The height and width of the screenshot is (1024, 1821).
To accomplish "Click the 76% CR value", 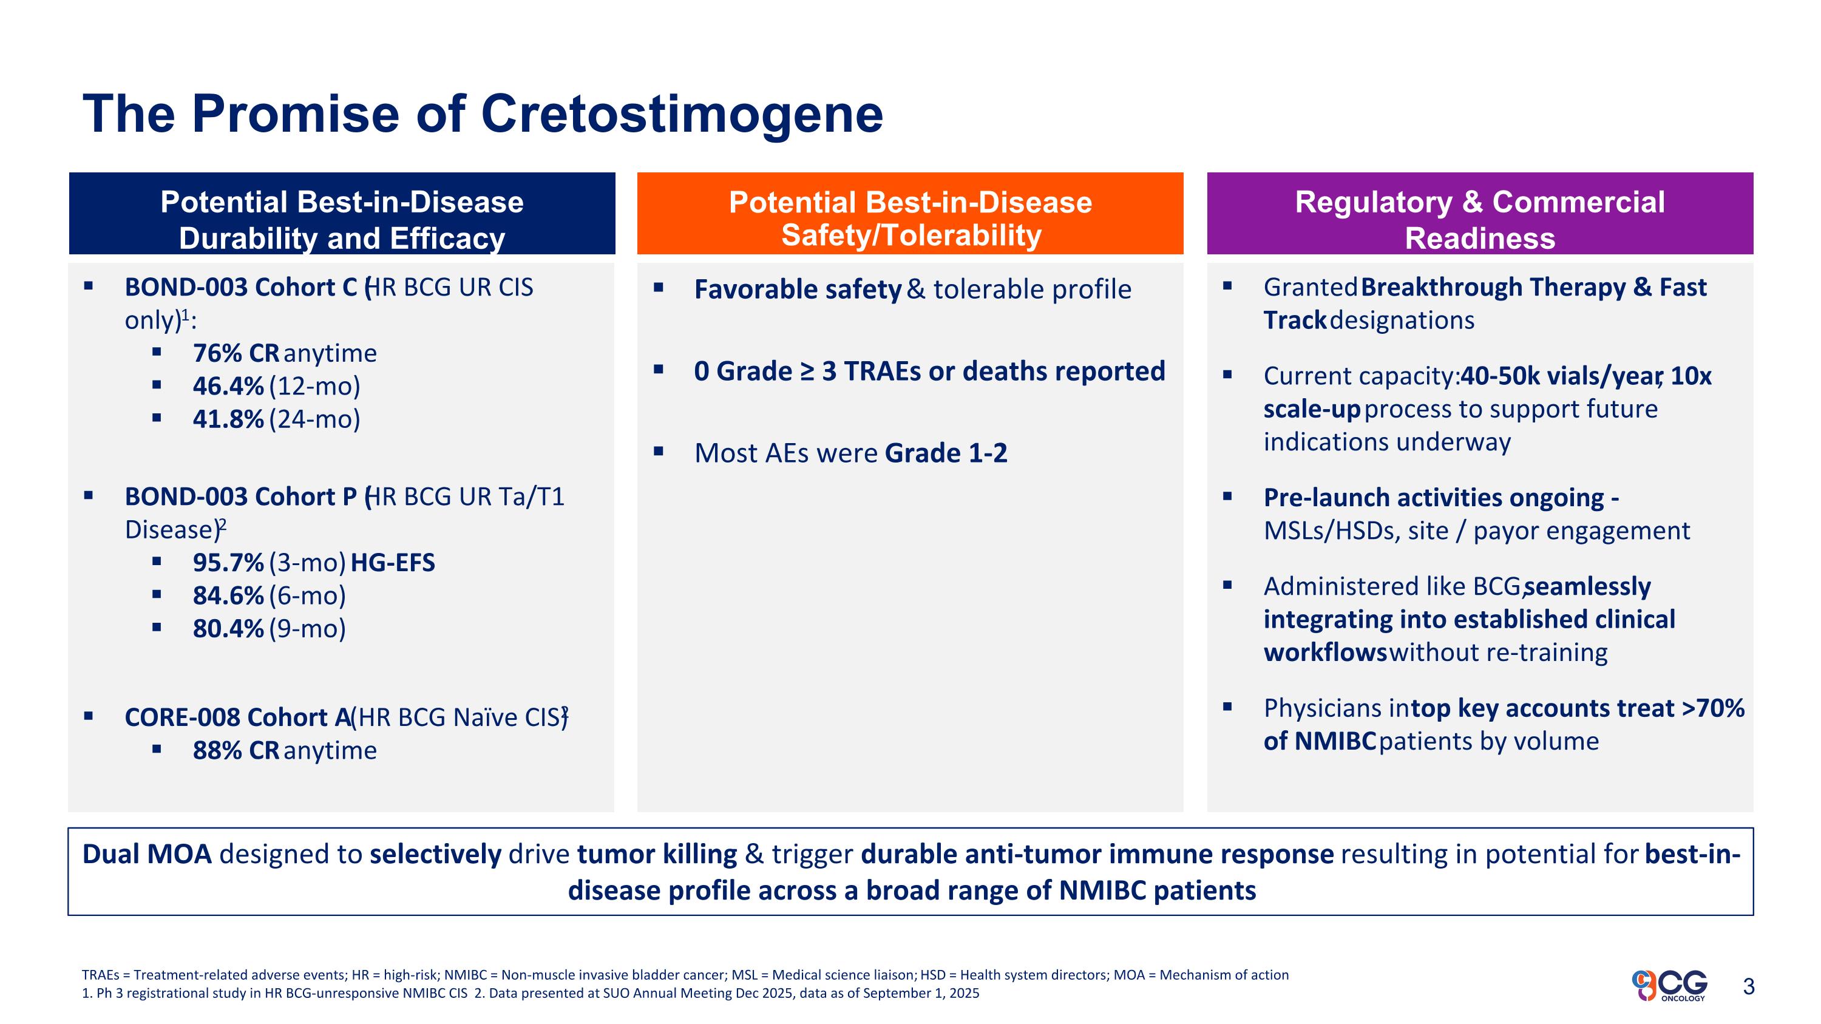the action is [x=236, y=353].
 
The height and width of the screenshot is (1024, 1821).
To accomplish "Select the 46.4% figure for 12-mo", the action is [x=228, y=386].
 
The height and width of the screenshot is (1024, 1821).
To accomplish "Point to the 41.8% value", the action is [x=228, y=419].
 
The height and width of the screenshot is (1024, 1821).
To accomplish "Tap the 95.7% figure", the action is [x=228, y=563].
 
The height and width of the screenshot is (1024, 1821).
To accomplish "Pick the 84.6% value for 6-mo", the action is [x=228, y=595].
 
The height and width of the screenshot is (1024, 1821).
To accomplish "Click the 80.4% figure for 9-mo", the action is [x=228, y=628].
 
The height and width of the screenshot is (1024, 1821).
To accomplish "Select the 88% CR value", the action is [x=236, y=750].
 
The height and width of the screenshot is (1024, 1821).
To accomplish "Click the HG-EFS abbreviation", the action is [x=393, y=563].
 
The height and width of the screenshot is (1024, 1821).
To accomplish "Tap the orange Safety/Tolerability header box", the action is [x=910, y=214].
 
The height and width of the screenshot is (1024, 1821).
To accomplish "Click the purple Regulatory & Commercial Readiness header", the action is [x=1480, y=214].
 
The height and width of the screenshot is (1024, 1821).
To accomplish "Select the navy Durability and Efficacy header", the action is [x=342, y=214].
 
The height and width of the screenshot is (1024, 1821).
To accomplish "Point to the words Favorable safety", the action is [x=798, y=290].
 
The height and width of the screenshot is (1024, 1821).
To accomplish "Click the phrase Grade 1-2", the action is [x=946, y=453].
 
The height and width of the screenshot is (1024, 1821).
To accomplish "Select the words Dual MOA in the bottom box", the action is [x=147, y=855].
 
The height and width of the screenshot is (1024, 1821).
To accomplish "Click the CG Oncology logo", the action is [x=1670, y=985].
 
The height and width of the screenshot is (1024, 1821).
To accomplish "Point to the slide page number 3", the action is [x=1749, y=986].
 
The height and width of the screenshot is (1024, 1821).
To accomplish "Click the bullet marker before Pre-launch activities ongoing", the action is [x=1227, y=496].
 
